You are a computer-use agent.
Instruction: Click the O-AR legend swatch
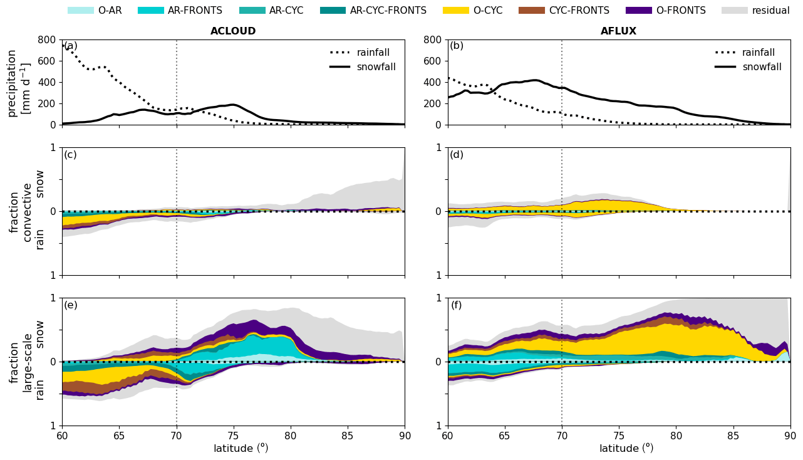coord(81,11)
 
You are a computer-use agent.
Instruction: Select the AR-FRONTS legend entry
coord(195,11)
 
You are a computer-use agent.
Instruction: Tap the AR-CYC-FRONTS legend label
coord(388,11)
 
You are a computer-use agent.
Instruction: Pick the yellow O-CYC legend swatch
coord(455,11)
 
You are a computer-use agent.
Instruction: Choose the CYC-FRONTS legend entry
coord(579,11)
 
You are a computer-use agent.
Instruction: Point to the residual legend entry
coord(770,11)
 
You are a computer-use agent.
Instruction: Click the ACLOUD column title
coord(233,31)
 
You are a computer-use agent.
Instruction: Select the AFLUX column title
coord(618,31)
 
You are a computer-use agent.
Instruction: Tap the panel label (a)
coord(71,46)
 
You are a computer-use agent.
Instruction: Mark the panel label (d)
coord(456,155)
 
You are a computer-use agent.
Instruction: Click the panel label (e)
coord(71,305)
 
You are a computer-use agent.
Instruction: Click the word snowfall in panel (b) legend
coord(762,67)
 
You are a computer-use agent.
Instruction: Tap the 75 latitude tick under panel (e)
coord(233,434)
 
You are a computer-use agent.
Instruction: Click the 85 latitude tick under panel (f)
coord(733,434)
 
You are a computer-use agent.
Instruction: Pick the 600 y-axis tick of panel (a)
coord(47,61)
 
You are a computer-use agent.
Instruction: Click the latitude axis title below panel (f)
coord(626,448)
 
